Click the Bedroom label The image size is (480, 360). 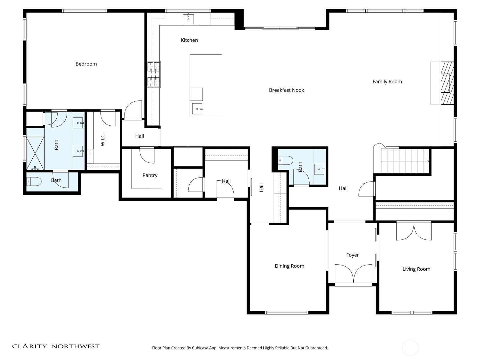pyautogui.click(x=86, y=64)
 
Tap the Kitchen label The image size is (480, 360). pyautogui.click(x=189, y=40)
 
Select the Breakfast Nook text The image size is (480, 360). pyautogui.click(x=286, y=90)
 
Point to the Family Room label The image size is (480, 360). pyautogui.click(x=387, y=82)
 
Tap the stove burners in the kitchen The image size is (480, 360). pyautogui.click(x=154, y=74)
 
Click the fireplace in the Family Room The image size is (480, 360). pyautogui.click(x=447, y=83)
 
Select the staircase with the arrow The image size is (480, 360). pyautogui.click(x=405, y=161)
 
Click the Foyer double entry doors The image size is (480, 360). pyautogui.click(x=354, y=274)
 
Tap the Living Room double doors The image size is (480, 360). pyautogui.click(x=414, y=231)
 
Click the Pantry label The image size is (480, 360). pyautogui.click(x=150, y=175)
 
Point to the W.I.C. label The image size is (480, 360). pyautogui.click(x=103, y=140)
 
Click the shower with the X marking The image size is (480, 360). pyautogui.click(x=35, y=153)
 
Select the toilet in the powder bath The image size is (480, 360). pyautogui.click(x=285, y=160)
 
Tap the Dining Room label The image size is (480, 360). pyautogui.click(x=289, y=266)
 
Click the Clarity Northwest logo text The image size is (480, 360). pyautogui.click(x=55, y=346)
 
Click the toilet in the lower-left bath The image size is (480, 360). pyautogui.click(x=33, y=181)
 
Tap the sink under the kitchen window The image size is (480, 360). pyautogui.click(x=188, y=19)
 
